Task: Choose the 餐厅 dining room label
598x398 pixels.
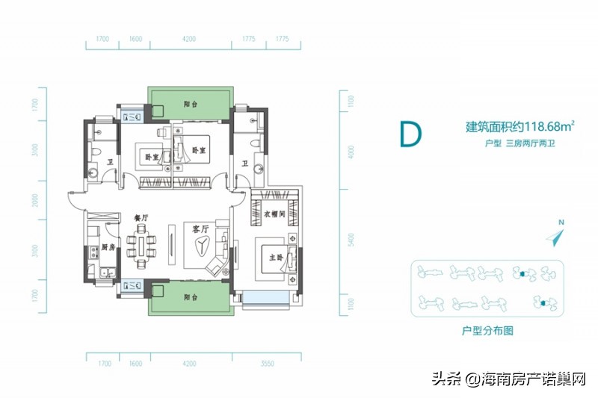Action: pos(142,217)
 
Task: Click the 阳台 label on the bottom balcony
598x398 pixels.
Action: pos(189,296)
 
